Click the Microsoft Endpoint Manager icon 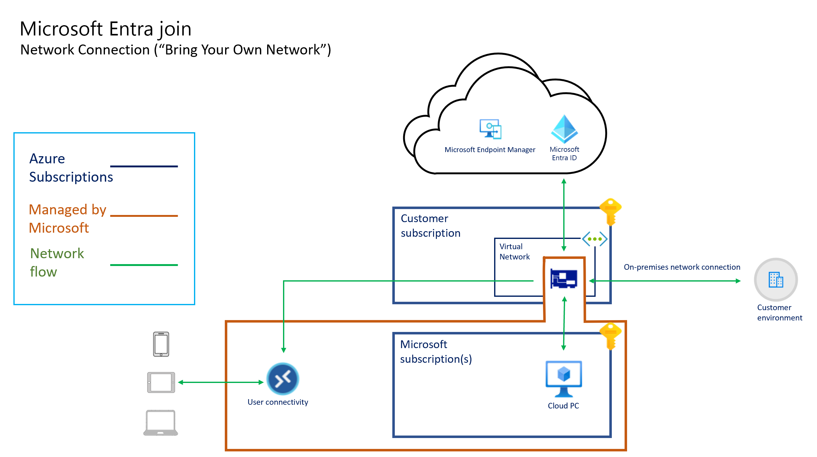[x=490, y=129]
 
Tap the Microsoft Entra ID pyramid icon [x=564, y=129]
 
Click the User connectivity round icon [x=283, y=379]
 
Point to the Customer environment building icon [x=776, y=280]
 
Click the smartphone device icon [x=161, y=344]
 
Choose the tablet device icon [x=161, y=383]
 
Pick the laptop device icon [x=161, y=423]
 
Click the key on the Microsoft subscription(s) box [x=611, y=336]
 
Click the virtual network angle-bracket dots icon [x=595, y=239]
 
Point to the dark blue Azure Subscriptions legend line [x=144, y=166]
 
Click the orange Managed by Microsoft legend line [x=144, y=216]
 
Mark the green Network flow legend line [x=144, y=265]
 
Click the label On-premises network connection [x=682, y=267]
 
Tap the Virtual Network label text [x=514, y=252]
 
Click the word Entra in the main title [x=131, y=29]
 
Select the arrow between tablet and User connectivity [x=221, y=383]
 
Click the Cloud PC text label [x=563, y=406]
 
